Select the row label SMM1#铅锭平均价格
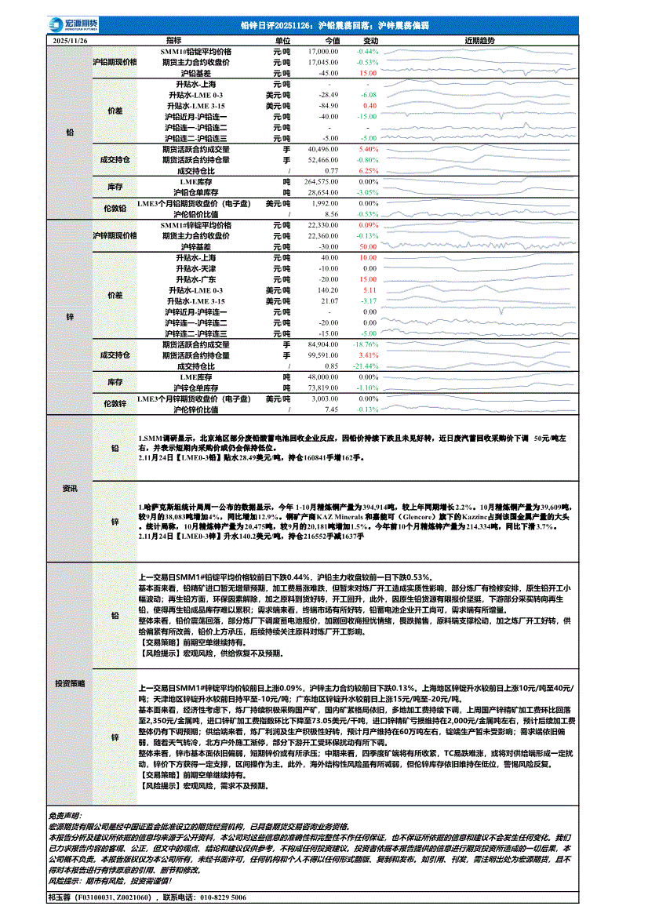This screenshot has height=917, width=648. [195, 51]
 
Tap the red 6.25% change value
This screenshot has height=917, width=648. [368, 169]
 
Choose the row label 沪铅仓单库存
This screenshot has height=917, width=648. [195, 191]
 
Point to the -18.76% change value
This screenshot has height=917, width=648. [366, 344]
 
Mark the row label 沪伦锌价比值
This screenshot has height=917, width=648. [195, 409]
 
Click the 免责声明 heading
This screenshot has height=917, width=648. [70, 817]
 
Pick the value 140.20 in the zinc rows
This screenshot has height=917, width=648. [327, 289]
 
